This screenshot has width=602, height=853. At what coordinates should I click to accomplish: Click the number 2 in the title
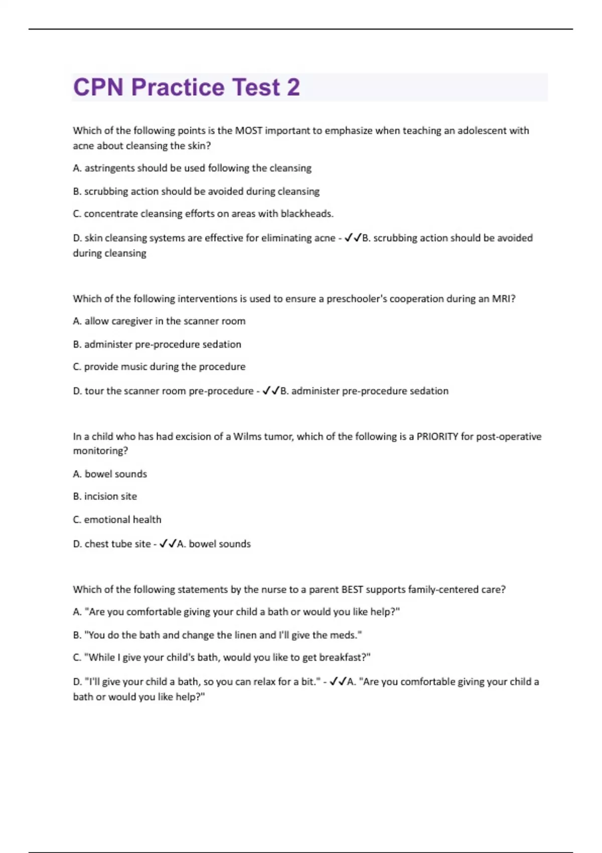point(293,87)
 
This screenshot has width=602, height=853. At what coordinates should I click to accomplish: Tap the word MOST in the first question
point(248,130)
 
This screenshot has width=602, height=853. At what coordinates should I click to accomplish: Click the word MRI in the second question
point(503,299)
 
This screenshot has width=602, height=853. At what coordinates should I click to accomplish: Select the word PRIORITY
point(437,437)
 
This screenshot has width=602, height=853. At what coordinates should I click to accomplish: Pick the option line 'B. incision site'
point(105,496)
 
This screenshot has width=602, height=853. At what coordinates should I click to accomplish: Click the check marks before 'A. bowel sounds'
point(168,544)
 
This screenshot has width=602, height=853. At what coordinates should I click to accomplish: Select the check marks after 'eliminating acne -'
point(353,238)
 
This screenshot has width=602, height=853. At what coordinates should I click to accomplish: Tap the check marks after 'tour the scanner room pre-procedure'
point(271,391)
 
